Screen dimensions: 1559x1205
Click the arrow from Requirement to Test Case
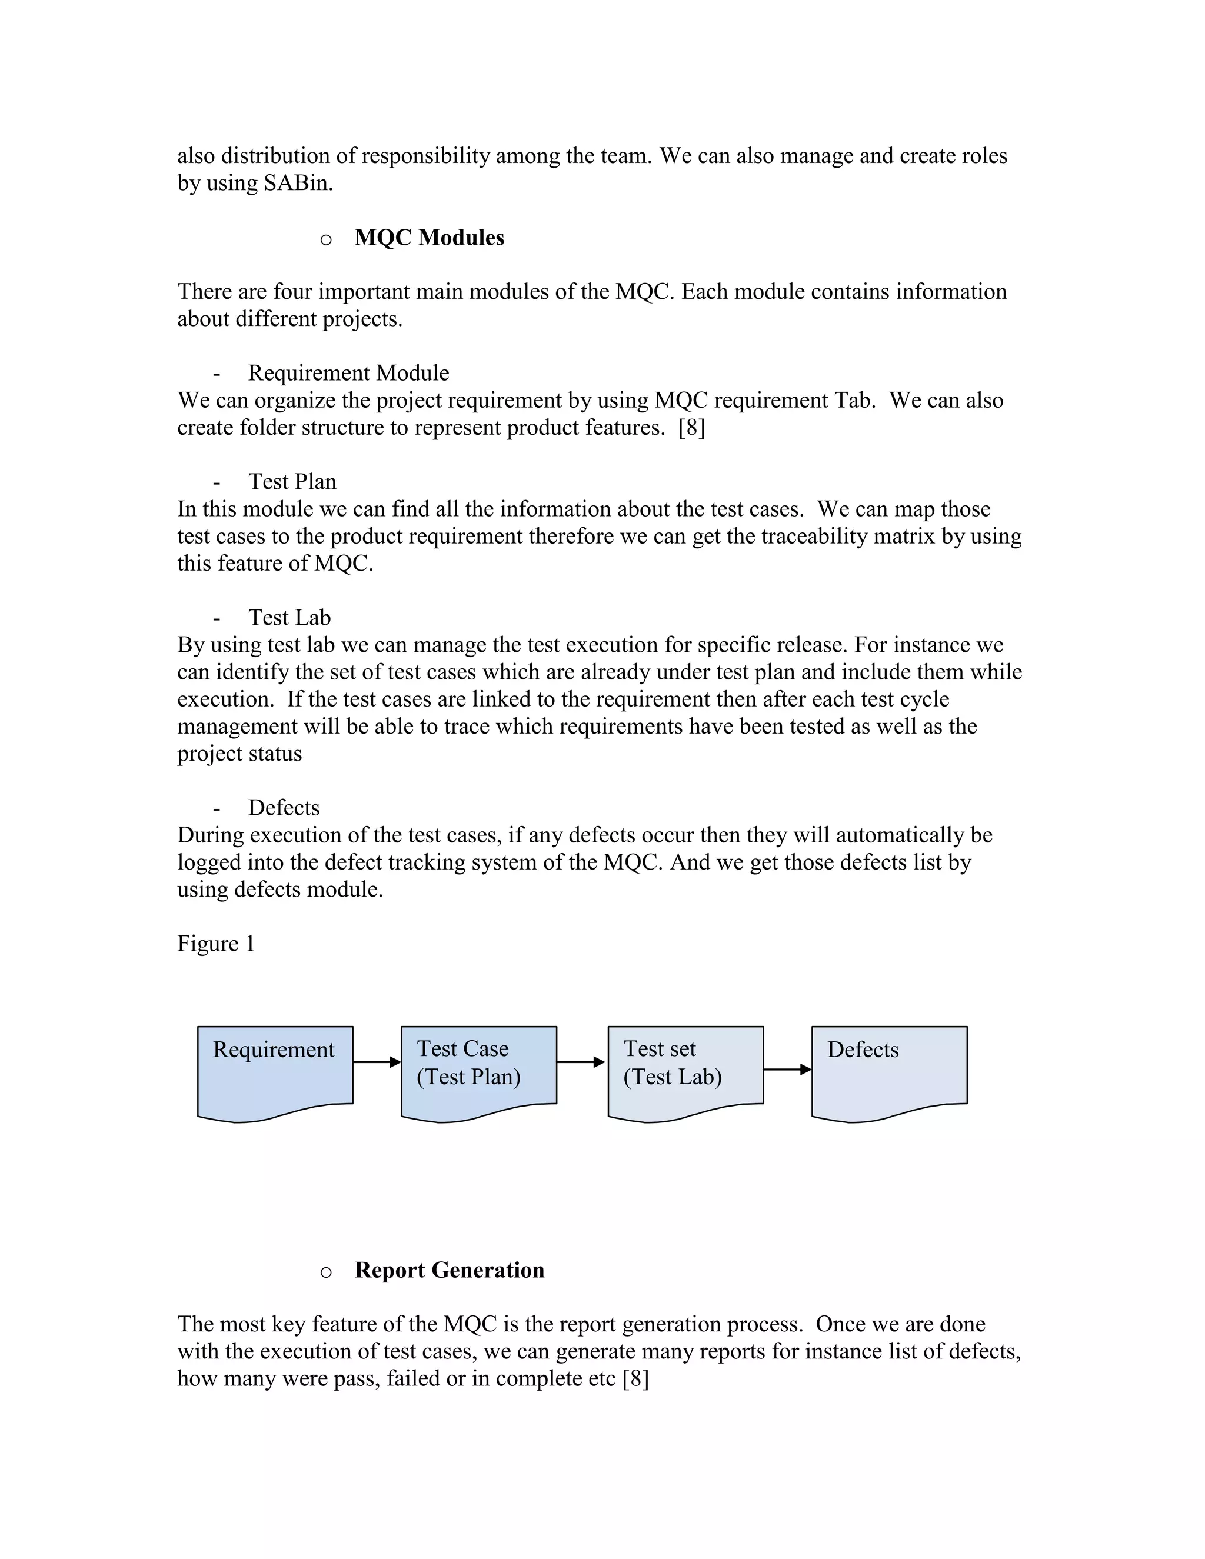click(x=376, y=1062)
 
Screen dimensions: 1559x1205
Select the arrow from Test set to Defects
click(x=787, y=1070)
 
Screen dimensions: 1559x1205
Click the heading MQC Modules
click(x=429, y=238)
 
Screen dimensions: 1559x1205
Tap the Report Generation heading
click(x=449, y=1270)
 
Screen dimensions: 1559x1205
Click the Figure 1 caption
click(x=215, y=944)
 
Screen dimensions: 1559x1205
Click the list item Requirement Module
click(x=348, y=374)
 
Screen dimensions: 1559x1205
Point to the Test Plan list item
click(x=292, y=482)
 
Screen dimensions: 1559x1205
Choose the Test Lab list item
click(x=289, y=618)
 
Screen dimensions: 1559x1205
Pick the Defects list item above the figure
click(x=284, y=808)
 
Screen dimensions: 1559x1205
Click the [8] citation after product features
click(x=691, y=428)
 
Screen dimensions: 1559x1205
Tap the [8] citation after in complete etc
click(x=635, y=1378)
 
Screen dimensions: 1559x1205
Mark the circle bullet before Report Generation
click(x=325, y=1272)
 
